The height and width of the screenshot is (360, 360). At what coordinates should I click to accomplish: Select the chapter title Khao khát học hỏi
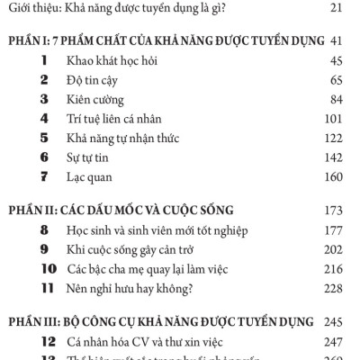(112, 60)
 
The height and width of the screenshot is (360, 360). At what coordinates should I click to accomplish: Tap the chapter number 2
(43, 80)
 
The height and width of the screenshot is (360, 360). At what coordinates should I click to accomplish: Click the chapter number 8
(43, 235)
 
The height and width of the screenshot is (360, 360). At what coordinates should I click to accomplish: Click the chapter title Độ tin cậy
(94, 80)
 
